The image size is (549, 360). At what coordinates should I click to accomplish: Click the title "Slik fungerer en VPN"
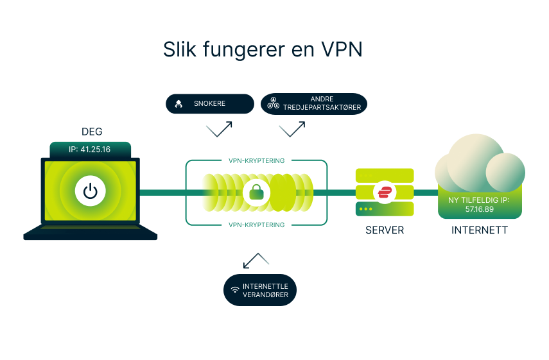[263, 50]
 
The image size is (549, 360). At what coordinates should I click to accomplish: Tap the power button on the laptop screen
[91, 191]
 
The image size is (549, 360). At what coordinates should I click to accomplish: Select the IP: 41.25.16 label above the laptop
[91, 150]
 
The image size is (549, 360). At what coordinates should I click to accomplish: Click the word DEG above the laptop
[91, 132]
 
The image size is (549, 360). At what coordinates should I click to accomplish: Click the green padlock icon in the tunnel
[257, 192]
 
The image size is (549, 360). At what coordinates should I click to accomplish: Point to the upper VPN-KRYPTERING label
[256, 160]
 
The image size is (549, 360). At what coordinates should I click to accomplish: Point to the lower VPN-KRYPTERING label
[256, 225]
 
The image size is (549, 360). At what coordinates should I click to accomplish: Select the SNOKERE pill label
[210, 103]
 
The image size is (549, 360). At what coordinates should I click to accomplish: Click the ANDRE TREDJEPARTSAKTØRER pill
[314, 103]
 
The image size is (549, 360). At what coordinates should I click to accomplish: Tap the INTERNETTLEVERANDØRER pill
[260, 290]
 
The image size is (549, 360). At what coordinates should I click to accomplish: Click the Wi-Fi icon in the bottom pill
[235, 290]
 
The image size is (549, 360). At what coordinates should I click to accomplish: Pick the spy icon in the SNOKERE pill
[179, 103]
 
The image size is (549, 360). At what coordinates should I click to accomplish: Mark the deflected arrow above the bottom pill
[256, 260]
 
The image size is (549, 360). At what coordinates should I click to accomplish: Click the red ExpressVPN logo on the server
[385, 192]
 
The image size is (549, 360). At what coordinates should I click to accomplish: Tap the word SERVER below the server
[385, 230]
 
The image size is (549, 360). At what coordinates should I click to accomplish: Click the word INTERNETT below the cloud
[479, 230]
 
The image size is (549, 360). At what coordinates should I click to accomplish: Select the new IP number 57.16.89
[479, 209]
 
